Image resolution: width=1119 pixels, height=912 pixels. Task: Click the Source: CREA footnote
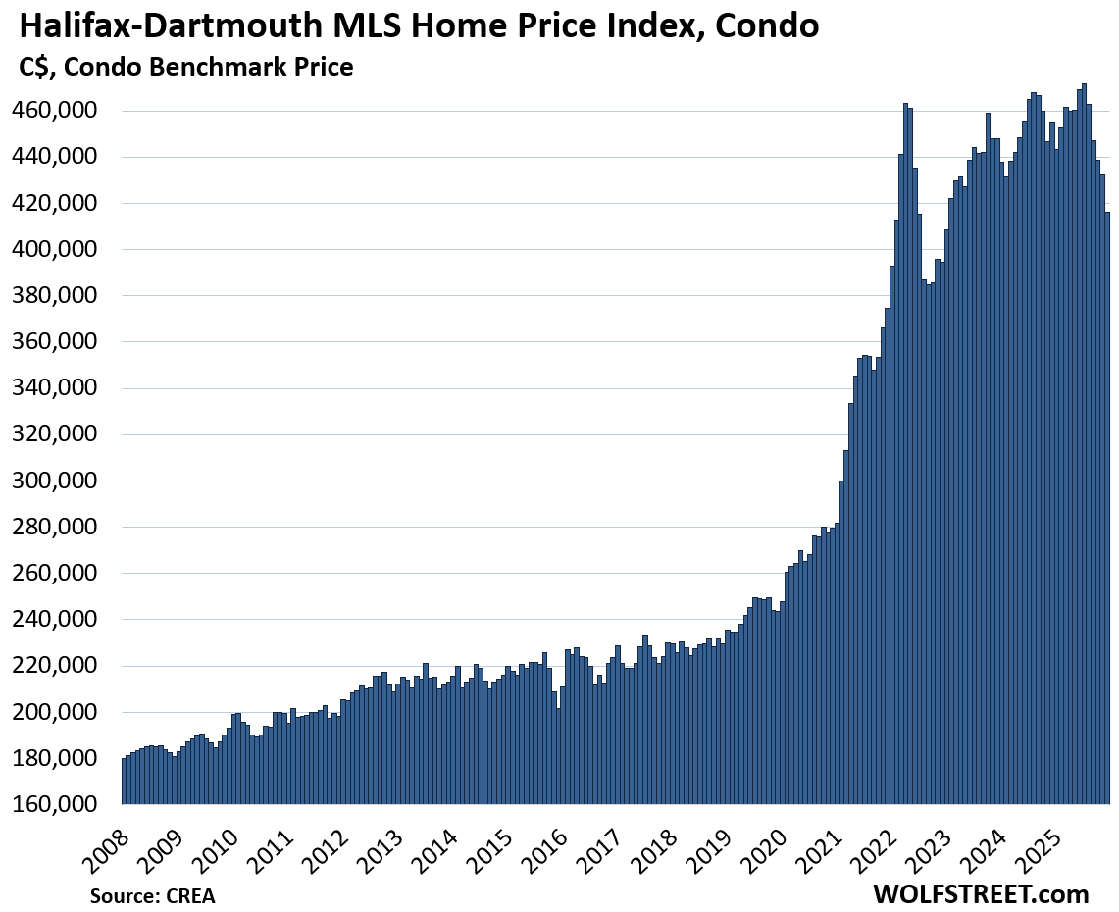(152, 895)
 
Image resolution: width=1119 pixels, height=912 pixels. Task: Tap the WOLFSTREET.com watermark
(980, 894)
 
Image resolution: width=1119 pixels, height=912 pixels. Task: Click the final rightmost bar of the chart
(1107, 510)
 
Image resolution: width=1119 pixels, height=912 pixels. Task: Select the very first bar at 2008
(125, 781)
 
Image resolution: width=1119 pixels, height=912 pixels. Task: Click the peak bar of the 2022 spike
(905, 451)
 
